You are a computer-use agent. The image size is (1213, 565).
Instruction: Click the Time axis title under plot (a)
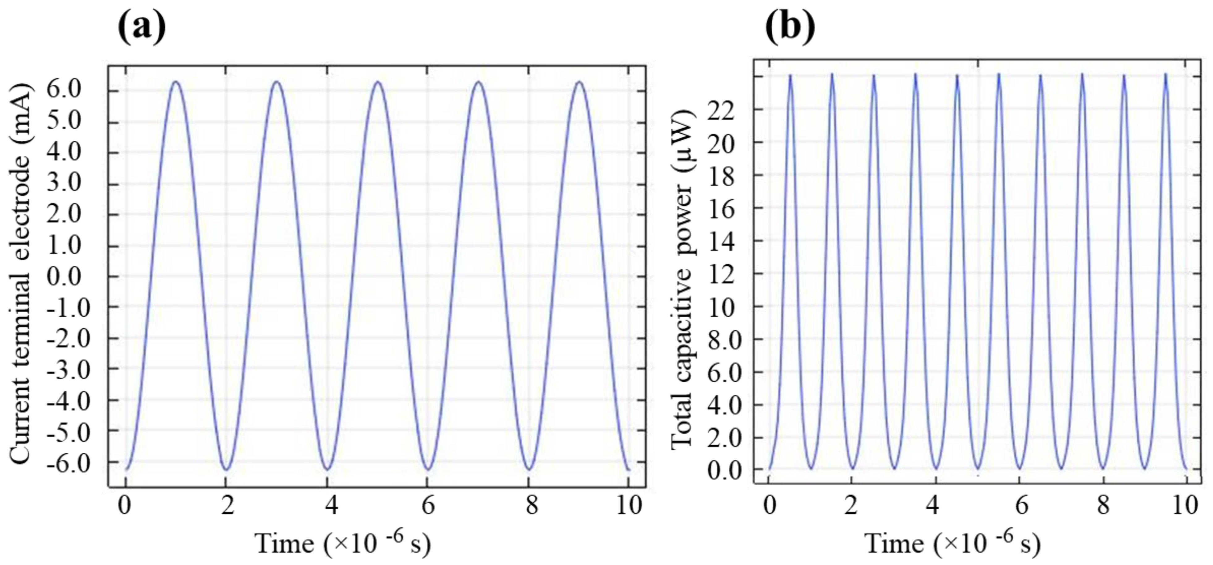click(342, 543)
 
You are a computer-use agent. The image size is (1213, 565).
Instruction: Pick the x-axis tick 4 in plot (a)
click(332, 506)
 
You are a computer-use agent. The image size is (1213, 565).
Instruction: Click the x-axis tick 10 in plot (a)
click(629, 506)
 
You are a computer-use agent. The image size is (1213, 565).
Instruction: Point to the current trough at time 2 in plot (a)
click(227, 469)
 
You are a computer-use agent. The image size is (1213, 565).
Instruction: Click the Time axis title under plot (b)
click(952, 543)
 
